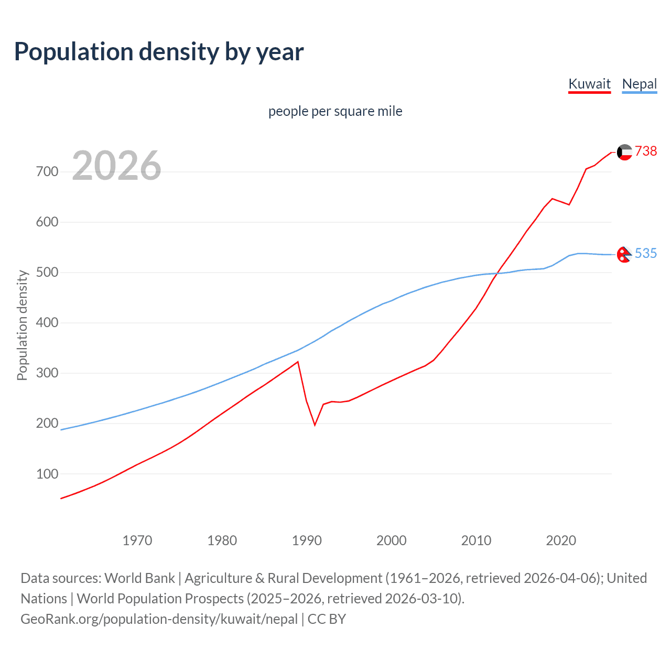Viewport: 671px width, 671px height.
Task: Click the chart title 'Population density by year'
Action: (159, 52)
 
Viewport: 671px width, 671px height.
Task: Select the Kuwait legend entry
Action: (589, 84)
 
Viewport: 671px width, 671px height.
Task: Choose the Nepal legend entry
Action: (639, 84)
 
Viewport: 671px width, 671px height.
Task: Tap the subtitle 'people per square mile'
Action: (335, 111)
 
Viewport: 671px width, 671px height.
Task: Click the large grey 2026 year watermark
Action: (116, 166)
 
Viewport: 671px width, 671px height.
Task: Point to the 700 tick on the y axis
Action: (47, 172)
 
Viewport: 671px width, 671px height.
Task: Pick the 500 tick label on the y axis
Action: (47, 273)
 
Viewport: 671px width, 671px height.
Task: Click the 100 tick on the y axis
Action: (47, 474)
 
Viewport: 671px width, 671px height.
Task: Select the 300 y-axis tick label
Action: (47, 373)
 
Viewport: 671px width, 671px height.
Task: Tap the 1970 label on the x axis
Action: (137, 540)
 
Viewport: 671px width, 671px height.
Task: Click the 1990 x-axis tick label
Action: (307, 540)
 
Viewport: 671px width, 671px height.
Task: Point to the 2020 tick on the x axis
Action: (561, 540)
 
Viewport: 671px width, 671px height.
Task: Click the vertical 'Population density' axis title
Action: (22, 325)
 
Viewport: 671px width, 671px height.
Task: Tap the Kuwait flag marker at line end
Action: (624, 152)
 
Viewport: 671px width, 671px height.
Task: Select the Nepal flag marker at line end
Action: (624, 254)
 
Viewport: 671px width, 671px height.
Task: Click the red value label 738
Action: (646, 151)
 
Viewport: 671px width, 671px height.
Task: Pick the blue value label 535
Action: (646, 254)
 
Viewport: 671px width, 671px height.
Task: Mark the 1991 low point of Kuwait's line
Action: (315, 425)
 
